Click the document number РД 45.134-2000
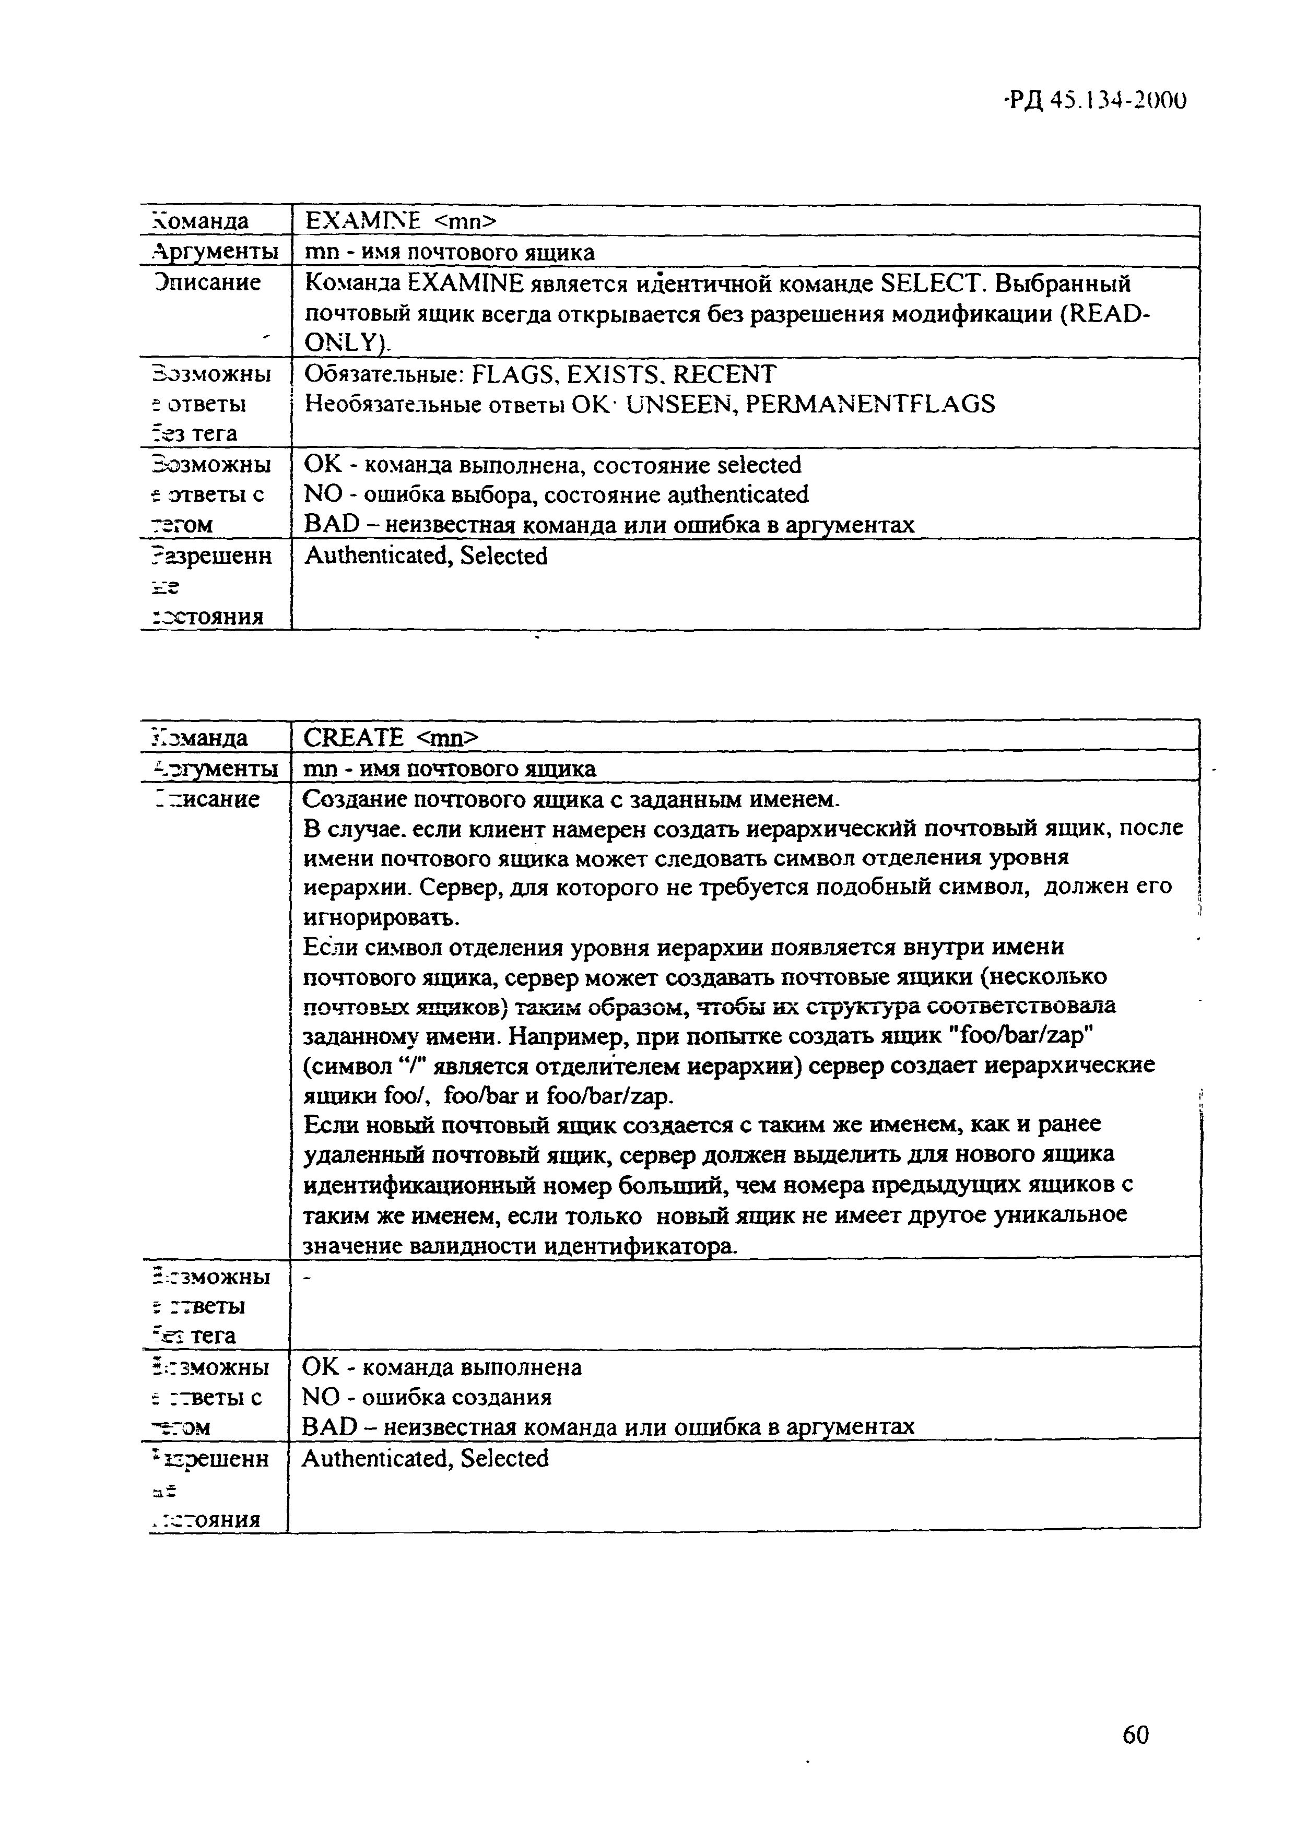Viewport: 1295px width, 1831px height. pos(1095,100)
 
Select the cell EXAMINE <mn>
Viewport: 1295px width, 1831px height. pos(401,221)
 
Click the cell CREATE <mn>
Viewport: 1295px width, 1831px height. pos(391,737)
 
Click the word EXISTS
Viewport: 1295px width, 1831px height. pos(615,374)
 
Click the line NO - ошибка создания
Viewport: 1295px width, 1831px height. pos(427,1397)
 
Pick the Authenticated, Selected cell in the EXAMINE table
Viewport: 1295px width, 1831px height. pos(426,556)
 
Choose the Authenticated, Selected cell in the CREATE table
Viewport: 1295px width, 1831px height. pos(425,1459)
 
